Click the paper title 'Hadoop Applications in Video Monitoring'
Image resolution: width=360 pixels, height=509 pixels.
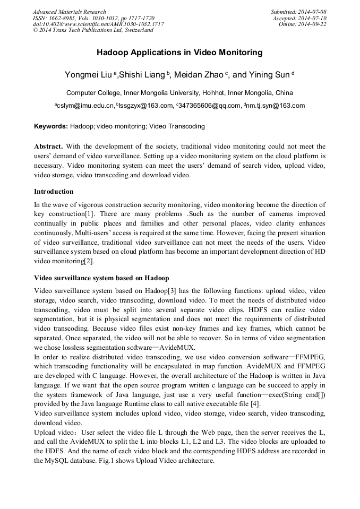pyautogui.click(x=179, y=53)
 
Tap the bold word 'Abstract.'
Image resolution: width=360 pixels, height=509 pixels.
pyautogui.click(x=49, y=146)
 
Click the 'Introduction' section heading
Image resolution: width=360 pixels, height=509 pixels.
pyautogui.click(x=54, y=192)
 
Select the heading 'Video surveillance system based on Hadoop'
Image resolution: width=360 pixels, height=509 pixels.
pyautogui.click(x=101, y=278)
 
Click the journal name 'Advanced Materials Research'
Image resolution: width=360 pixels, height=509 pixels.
pyautogui.click(x=69, y=12)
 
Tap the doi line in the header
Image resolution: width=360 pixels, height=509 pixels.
pyautogui.click(x=98, y=24)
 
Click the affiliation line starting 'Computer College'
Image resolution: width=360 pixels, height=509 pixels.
pyautogui.click(x=179, y=92)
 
